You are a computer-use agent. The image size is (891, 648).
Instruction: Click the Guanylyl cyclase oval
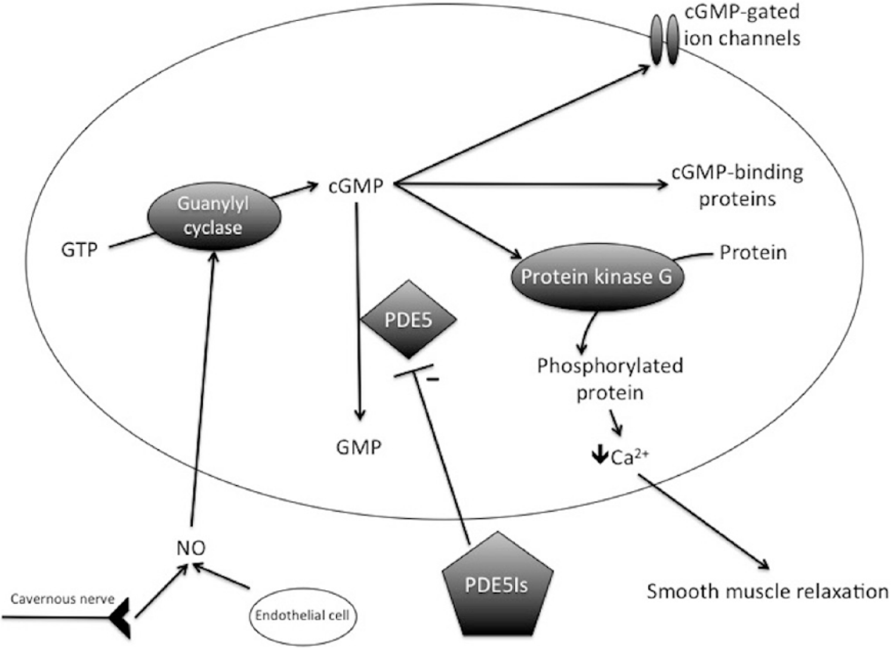coord(213,216)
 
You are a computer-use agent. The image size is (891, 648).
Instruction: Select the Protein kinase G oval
coord(596,277)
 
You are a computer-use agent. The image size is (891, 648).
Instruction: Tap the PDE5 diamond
coord(408,320)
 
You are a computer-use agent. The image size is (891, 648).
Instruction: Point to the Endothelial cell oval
coord(303,616)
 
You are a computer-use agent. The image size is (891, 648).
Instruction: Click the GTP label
coord(79,249)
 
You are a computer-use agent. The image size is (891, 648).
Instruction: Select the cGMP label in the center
coord(356,186)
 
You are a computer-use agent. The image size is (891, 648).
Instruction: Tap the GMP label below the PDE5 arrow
coord(359,447)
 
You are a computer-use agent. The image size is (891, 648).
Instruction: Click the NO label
coord(191,547)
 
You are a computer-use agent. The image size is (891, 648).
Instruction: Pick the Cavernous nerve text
coord(63,599)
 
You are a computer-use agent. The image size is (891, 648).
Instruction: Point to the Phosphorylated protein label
coord(610,379)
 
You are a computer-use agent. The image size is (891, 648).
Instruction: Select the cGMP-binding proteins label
coord(738,185)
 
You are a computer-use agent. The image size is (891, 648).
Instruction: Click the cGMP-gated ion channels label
coord(742,25)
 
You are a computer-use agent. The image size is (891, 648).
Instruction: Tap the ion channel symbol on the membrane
coord(664,40)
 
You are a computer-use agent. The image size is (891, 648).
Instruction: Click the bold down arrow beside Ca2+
coord(599,456)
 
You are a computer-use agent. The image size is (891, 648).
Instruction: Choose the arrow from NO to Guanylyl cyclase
coord(202,388)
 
